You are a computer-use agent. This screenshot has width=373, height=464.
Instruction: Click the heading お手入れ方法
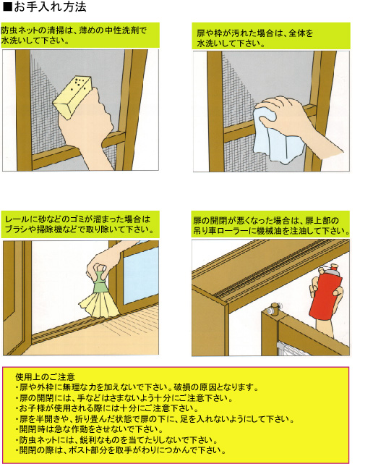point(49,7)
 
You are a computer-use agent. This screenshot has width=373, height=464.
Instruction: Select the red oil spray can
point(326,292)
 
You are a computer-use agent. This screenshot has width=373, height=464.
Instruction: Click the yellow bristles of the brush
point(99,305)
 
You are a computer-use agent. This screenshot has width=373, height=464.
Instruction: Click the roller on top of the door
point(274,308)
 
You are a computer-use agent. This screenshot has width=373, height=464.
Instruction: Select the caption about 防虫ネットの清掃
point(74,35)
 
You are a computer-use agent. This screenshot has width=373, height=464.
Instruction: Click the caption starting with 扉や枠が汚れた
point(255,38)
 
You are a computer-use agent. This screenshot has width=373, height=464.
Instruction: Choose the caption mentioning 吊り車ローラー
point(271,226)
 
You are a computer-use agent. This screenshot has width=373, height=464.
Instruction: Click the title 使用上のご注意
point(46,376)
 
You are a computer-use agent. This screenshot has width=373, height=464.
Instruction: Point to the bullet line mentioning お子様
point(107,408)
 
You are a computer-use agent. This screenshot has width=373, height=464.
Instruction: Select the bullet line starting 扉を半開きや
point(155,419)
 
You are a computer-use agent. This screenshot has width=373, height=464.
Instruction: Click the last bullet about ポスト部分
point(121,450)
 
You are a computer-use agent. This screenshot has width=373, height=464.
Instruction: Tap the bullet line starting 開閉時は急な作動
point(89,429)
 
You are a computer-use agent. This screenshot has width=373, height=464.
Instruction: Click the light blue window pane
point(141,275)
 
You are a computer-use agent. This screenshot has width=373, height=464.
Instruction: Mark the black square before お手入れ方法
point(7,7)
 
